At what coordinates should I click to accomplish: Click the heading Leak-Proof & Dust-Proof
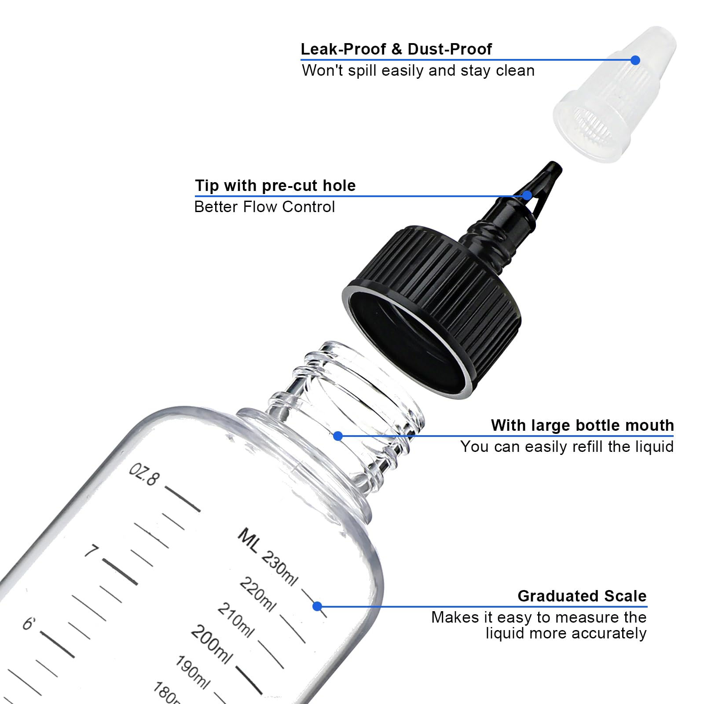[x=396, y=49]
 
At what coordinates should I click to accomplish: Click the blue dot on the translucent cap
[x=635, y=60]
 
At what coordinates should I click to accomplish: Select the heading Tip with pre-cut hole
[x=275, y=186]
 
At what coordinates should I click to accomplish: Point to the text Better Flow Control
[x=264, y=207]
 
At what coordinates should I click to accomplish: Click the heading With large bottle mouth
[x=582, y=425]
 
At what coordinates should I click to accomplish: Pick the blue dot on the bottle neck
[x=338, y=436]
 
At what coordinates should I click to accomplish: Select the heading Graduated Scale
[x=582, y=596]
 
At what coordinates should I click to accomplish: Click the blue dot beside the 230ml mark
[x=317, y=606]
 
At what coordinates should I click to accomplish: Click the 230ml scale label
[x=279, y=568]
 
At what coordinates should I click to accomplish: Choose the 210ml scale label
[x=236, y=620]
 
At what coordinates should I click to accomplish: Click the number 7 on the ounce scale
[x=92, y=550]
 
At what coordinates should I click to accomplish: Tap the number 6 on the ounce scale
[x=29, y=623]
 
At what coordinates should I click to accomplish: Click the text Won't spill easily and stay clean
[x=418, y=71]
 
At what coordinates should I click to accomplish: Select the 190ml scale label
[x=192, y=672]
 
